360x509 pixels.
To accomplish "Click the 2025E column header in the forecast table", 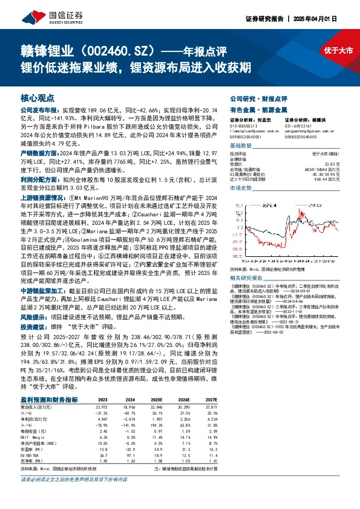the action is point(155,400).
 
